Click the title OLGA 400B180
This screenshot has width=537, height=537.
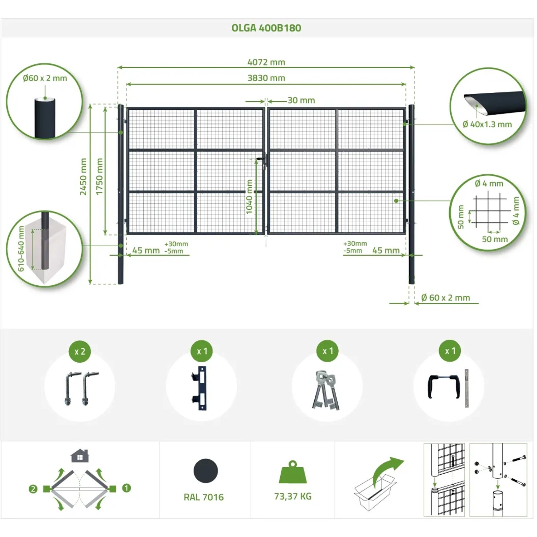point(266,28)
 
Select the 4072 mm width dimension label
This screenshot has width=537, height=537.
point(266,62)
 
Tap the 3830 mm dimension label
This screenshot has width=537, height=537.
point(266,78)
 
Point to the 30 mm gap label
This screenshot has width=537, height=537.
point(301,100)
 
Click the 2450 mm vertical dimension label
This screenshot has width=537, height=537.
point(83,176)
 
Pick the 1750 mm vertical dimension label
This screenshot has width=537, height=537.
point(99,176)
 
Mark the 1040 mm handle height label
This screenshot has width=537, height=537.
point(249,197)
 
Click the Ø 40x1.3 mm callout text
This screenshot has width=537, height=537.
point(487,124)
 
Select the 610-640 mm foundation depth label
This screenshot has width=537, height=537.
point(21,248)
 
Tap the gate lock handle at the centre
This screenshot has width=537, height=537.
point(264,159)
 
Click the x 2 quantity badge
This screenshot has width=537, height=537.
point(80,351)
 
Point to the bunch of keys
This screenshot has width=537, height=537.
point(326,390)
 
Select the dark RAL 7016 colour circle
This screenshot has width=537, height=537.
point(205,471)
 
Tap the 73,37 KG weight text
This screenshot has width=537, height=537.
point(293,496)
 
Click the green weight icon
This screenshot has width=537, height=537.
point(293,472)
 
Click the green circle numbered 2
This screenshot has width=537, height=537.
point(33,489)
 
